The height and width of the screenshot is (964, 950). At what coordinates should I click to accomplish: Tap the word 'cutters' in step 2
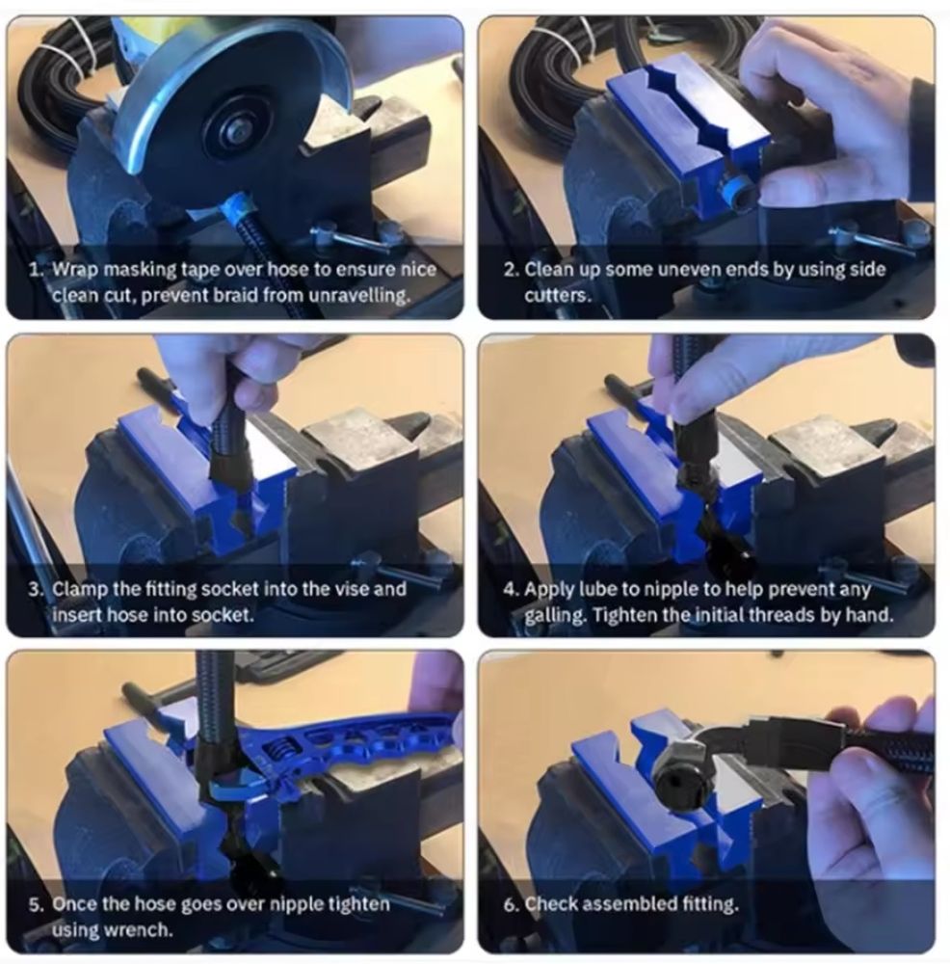tap(556, 296)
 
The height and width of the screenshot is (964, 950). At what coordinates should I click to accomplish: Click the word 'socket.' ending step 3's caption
tap(222, 615)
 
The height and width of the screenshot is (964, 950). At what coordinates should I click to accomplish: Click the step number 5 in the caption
tap(37, 904)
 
